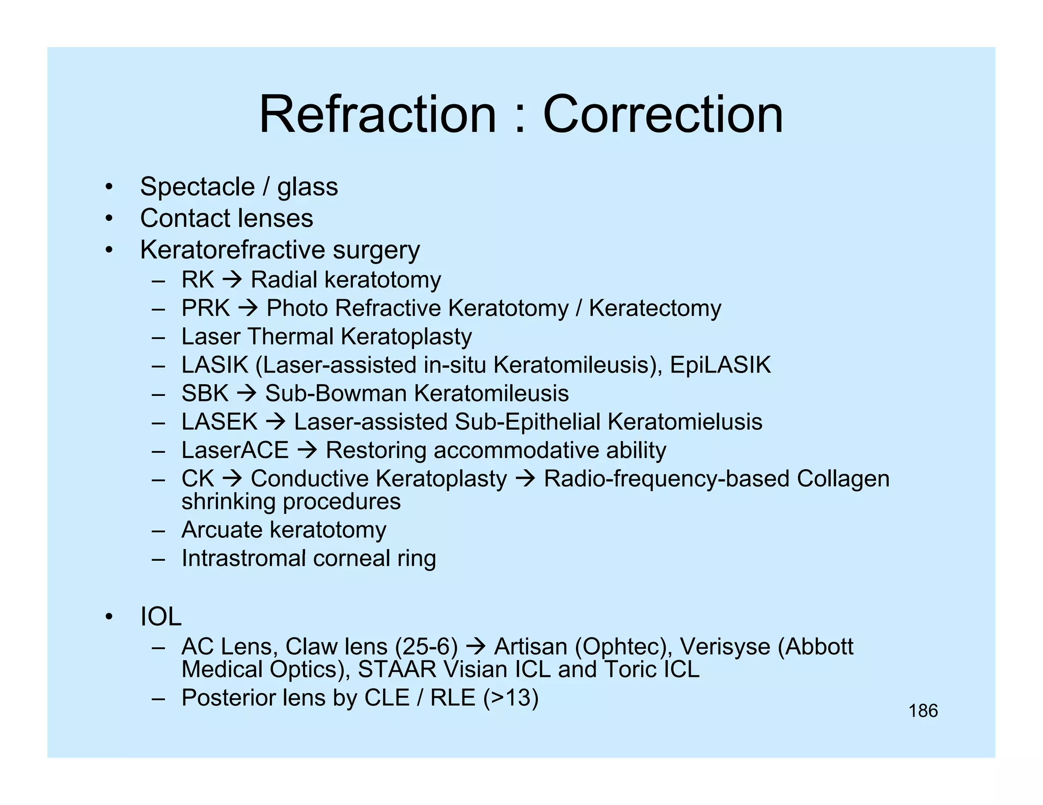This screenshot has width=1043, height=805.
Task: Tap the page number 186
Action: click(x=923, y=711)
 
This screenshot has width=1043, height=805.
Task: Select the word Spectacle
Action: click(x=197, y=187)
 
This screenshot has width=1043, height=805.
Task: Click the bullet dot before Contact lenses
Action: click(x=108, y=219)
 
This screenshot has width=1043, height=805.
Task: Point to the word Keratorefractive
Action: click(x=232, y=250)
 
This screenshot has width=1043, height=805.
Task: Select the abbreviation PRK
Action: click(x=205, y=308)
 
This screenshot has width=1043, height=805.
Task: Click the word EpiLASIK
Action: click(x=720, y=365)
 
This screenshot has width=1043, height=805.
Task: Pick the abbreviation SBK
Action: click(x=205, y=394)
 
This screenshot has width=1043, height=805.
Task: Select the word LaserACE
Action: click(x=235, y=451)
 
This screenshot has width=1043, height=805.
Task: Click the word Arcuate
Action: click(x=222, y=530)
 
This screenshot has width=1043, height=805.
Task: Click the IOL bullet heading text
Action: click(x=160, y=617)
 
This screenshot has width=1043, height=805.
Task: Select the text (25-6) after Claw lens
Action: click(x=426, y=647)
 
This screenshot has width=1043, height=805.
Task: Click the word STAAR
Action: click(x=397, y=670)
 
